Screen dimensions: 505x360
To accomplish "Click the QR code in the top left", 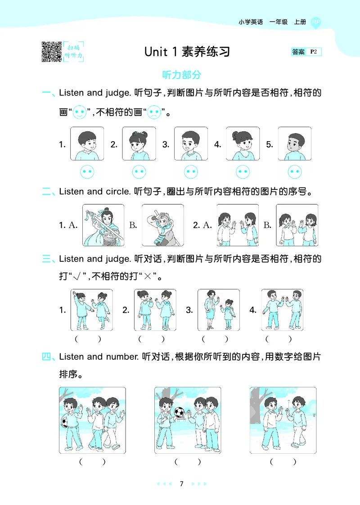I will pyautogui.click(x=51, y=51).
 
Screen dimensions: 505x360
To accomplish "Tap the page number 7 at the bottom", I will pyautogui.click(x=181, y=484).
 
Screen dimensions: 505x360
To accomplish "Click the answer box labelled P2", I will pyautogui.click(x=306, y=52).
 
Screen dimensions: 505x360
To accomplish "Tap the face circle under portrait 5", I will pyautogui.click(x=295, y=171).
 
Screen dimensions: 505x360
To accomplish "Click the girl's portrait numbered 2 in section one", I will pyautogui.click(x=139, y=144).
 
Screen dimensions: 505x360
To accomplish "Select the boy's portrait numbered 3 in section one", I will pyautogui.click(x=191, y=144).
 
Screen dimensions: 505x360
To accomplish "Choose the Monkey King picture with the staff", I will pyautogui.click(x=162, y=225).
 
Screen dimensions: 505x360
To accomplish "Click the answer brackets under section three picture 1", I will pyautogui.click(x=87, y=339).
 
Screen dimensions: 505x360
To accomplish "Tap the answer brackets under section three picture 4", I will pyautogui.click(x=278, y=339).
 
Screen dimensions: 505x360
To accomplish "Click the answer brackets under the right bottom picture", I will pyautogui.click(x=283, y=461).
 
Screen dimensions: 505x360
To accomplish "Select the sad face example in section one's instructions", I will pyautogui.click(x=154, y=112).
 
